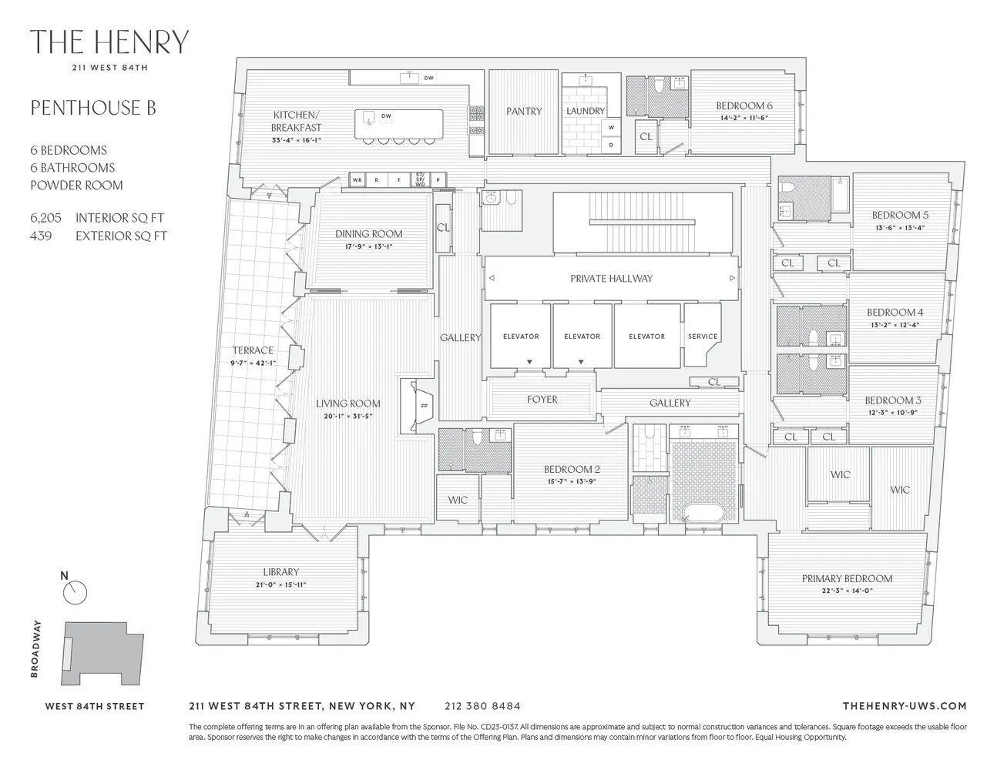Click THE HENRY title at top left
click(109, 42)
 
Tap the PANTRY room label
click(524, 111)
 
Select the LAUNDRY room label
click(586, 111)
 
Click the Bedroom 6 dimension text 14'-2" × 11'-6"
click(744, 119)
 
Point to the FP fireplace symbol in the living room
click(423, 405)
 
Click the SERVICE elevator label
click(703, 336)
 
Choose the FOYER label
click(542, 399)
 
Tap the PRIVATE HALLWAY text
click(611, 278)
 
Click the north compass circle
click(76, 592)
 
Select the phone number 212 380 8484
click(482, 705)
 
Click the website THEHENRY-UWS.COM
click(905, 705)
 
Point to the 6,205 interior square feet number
click(46, 218)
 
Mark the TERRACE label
click(253, 350)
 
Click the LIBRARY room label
click(280, 572)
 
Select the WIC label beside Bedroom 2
click(458, 500)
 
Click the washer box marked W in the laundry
click(612, 127)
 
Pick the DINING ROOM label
click(368, 233)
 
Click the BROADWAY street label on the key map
click(35, 651)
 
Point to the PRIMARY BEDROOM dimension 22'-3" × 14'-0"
click(847, 591)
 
